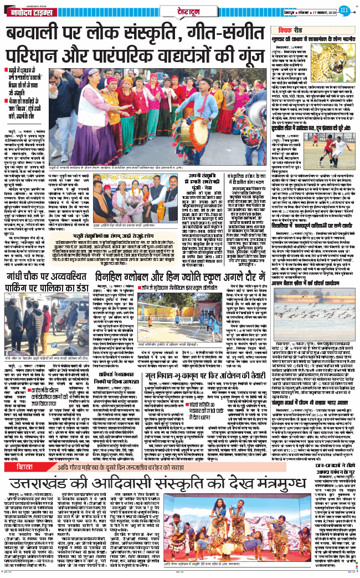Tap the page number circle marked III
pos(344,9)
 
